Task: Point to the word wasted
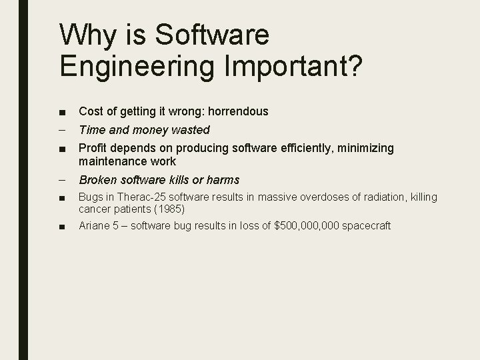click(192, 130)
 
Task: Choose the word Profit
click(92, 148)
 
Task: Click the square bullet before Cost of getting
click(61, 112)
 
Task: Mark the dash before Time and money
click(61, 130)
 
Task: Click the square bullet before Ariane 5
click(61, 227)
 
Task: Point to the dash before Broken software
click(61, 180)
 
